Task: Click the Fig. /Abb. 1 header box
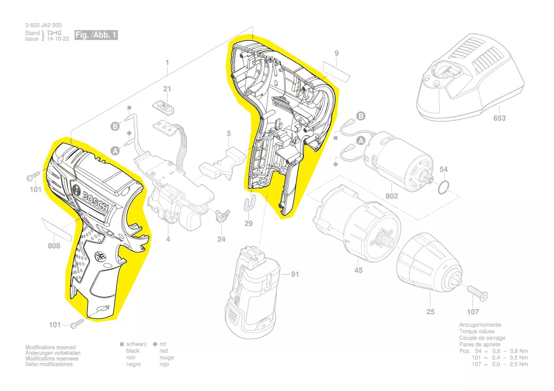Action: [96, 36]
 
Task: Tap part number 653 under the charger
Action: [499, 118]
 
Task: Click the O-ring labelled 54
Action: [442, 187]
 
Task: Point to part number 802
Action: [391, 195]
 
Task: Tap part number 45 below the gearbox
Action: [358, 270]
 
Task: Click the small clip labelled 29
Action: [251, 203]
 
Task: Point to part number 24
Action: [221, 240]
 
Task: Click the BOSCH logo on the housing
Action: [95, 200]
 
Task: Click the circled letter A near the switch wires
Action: [115, 150]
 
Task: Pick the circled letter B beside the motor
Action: [361, 116]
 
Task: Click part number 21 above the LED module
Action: [167, 89]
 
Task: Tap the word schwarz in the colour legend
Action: [136, 344]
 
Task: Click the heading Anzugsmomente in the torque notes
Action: [480, 325]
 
